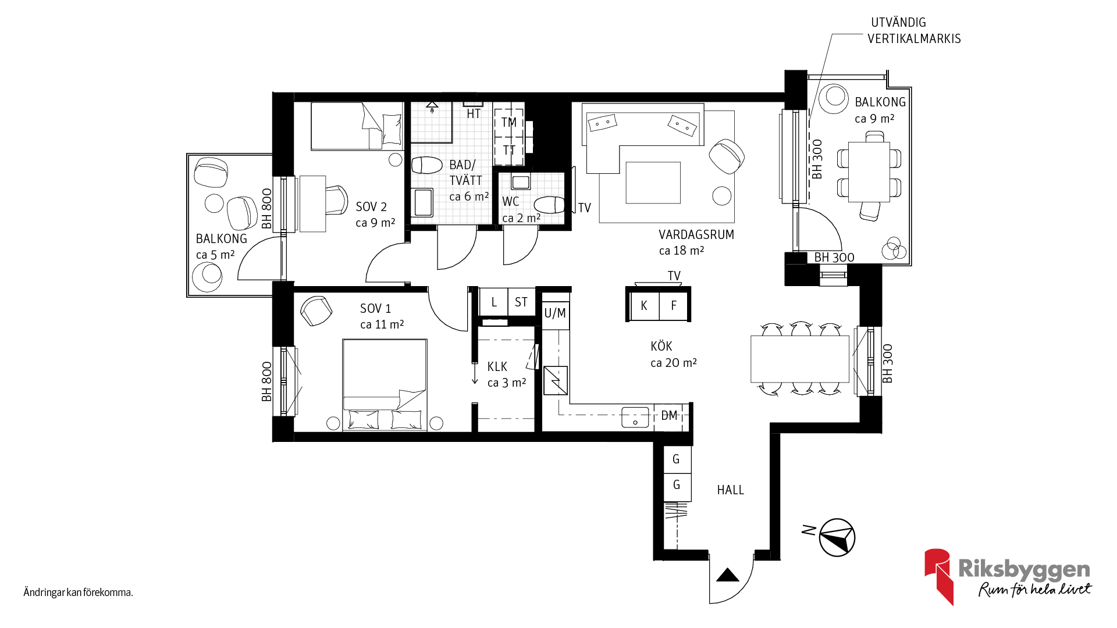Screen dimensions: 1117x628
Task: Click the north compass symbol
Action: pyautogui.click(x=837, y=537)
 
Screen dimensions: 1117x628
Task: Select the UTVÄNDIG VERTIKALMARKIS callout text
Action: pyautogui.click(x=914, y=31)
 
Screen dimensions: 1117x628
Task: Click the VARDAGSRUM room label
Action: pyautogui.click(x=696, y=235)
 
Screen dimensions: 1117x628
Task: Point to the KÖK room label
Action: pyautogui.click(x=661, y=347)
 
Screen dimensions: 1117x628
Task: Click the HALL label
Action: pyautogui.click(x=730, y=490)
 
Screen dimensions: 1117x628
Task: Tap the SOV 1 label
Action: pyautogui.click(x=375, y=309)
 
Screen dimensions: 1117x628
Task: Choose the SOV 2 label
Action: pyautogui.click(x=371, y=207)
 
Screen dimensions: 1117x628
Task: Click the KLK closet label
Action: pyautogui.click(x=497, y=367)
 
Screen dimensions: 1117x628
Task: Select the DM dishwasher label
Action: pyautogui.click(x=669, y=416)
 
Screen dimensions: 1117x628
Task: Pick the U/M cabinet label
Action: pyautogui.click(x=555, y=313)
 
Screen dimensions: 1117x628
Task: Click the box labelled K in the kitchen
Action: pyautogui.click(x=644, y=305)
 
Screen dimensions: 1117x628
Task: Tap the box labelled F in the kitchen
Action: pyautogui.click(x=674, y=305)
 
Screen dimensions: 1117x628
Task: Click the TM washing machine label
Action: pyautogui.click(x=509, y=123)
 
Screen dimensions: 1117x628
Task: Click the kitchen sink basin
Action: pyautogui.click(x=635, y=417)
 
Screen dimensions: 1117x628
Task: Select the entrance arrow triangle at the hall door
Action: pyautogui.click(x=727, y=575)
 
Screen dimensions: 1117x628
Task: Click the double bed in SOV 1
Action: pyautogui.click(x=385, y=385)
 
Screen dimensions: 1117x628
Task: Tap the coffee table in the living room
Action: pyautogui.click(x=653, y=183)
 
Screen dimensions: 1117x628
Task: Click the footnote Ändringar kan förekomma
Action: pyautogui.click(x=79, y=593)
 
